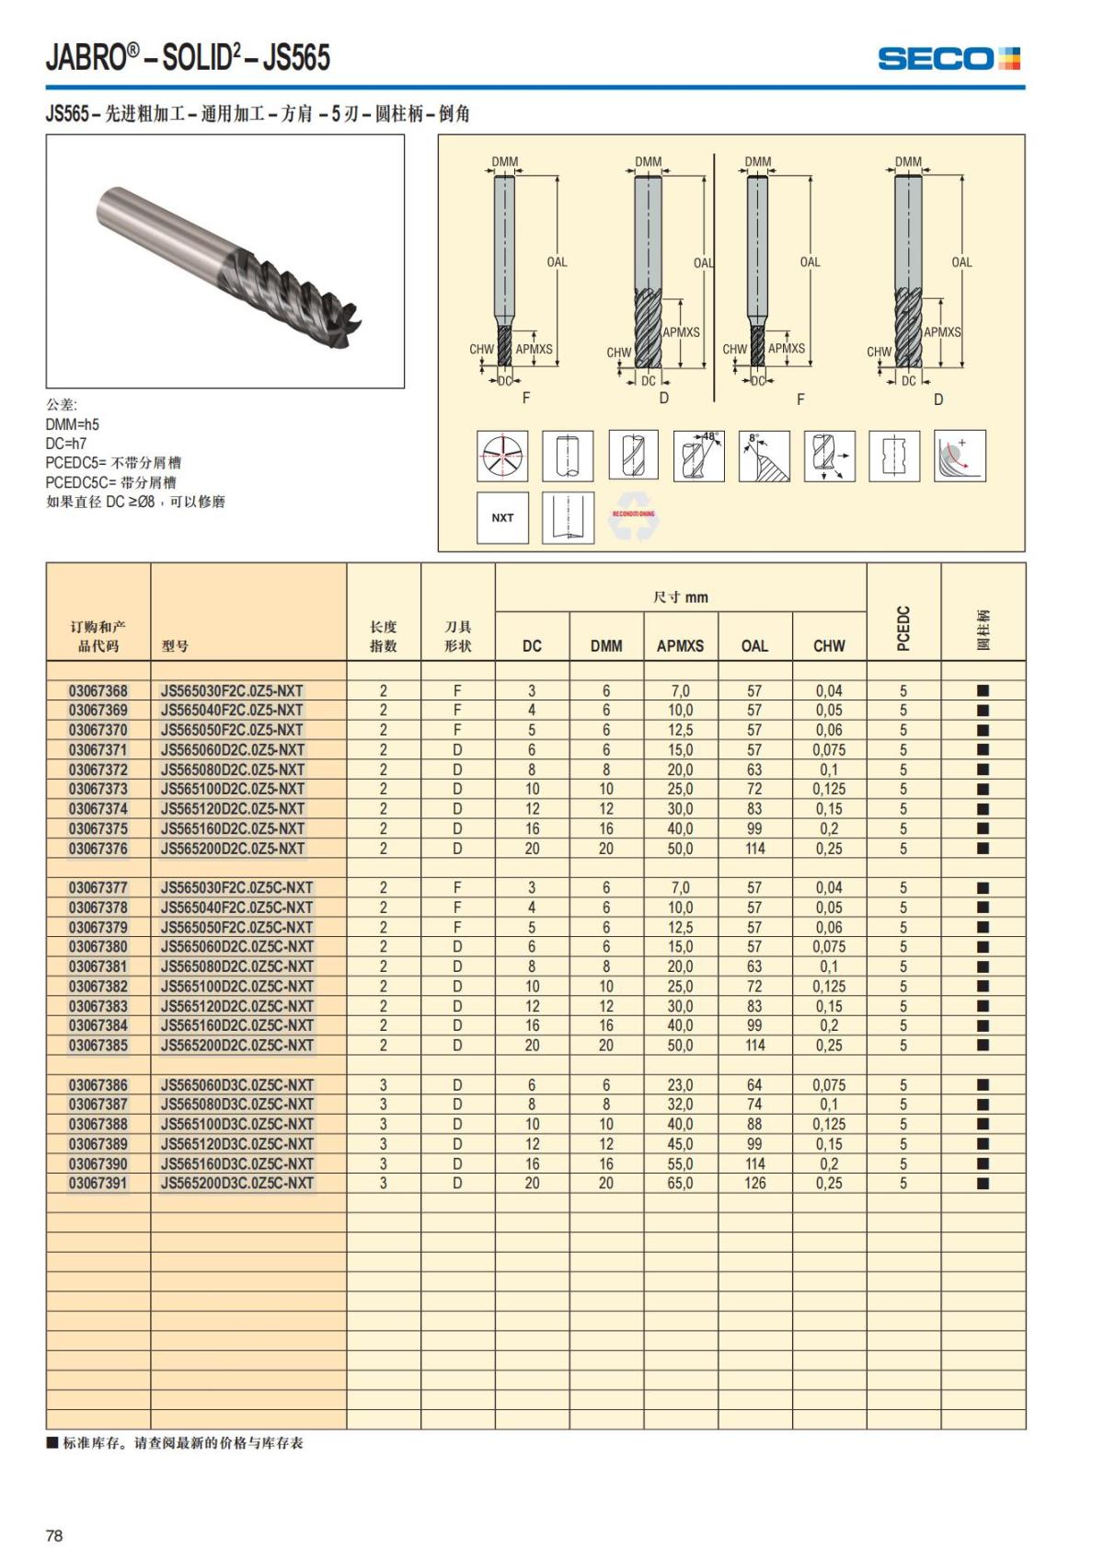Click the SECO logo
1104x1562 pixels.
tap(949, 59)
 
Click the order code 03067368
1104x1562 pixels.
tap(98, 691)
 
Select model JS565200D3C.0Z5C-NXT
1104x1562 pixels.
tap(237, 1184)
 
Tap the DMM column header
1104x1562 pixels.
tap(606, 646)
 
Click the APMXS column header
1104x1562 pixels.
tap(680, 646)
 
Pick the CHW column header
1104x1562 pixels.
tap(829, 646)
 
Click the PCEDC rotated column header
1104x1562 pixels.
tap(903, 629)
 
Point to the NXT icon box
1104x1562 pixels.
tap(502, 518)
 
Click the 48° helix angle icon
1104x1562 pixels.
tap(699, 456)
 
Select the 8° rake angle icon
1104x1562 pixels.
tap(765, 456)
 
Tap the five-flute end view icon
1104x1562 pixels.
tap(502, 456)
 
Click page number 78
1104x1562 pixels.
tap(54, 1535)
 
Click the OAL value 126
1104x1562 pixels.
tap(754, 1184)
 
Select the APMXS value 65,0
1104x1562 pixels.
tap(680, 1184)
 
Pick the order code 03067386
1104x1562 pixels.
tap(98, 1085)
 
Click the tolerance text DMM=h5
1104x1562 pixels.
tap(73, 424)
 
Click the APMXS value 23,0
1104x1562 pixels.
tap(680, 1085)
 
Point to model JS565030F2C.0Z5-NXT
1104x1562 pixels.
tap(232, 691)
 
